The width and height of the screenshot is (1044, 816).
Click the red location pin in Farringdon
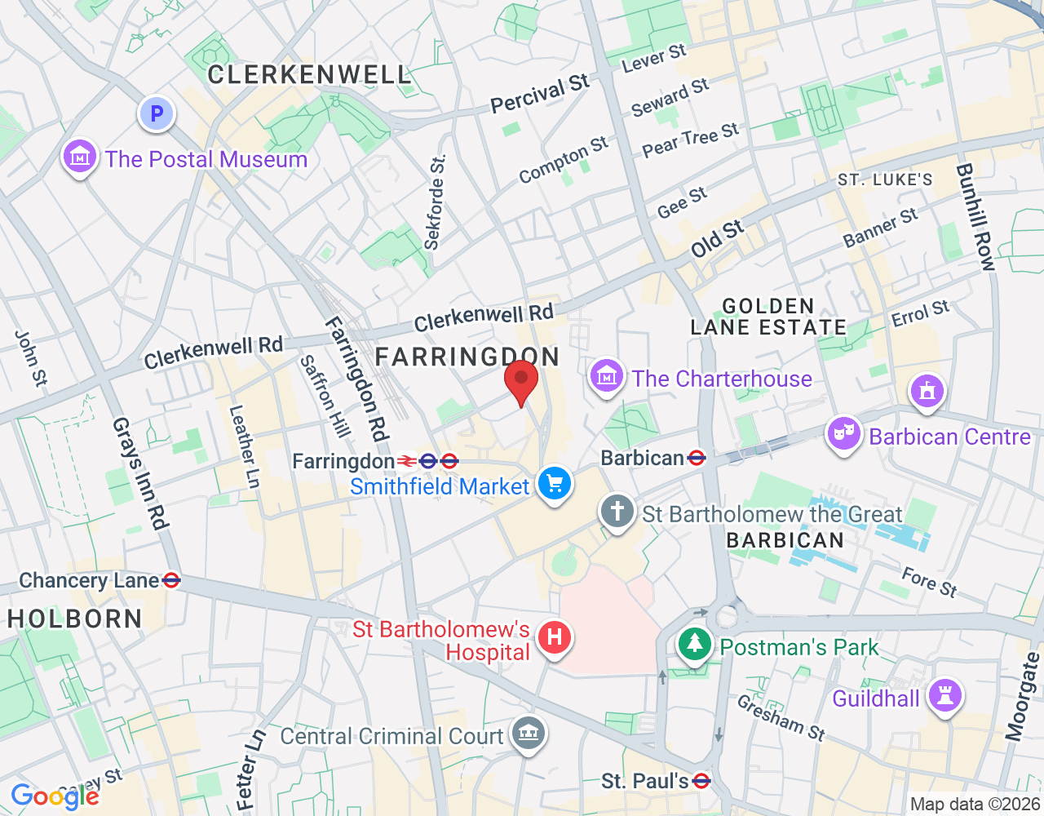pos(521,382)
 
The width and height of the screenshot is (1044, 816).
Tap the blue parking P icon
pos(157,114)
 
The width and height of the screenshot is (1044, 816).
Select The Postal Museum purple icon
pos(80,156)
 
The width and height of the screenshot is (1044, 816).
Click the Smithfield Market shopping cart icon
pos(555,484)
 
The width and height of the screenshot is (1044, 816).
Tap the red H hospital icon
pos(555,636)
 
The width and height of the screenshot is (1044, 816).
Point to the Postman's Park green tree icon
pos(694,645)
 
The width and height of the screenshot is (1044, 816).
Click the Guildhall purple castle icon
pos(944,696)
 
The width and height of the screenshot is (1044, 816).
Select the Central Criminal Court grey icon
pos(528,733)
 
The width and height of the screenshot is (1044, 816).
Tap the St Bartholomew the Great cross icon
pos(617,512)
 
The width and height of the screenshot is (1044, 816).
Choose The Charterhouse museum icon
pos(606,376)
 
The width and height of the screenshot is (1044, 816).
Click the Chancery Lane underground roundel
pos(171,581)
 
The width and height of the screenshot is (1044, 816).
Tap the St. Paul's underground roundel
pos(701,781)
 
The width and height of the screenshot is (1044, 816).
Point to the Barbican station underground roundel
pos(697,458)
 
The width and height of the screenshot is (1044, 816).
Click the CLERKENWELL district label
pos(309,75)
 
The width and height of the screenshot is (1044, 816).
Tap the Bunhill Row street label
pos(975,217)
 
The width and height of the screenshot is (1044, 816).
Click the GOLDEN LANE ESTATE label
pos(768,317)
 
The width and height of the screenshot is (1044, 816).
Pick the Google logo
pos(55,796)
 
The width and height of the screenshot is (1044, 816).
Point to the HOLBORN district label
pos(75,619)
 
